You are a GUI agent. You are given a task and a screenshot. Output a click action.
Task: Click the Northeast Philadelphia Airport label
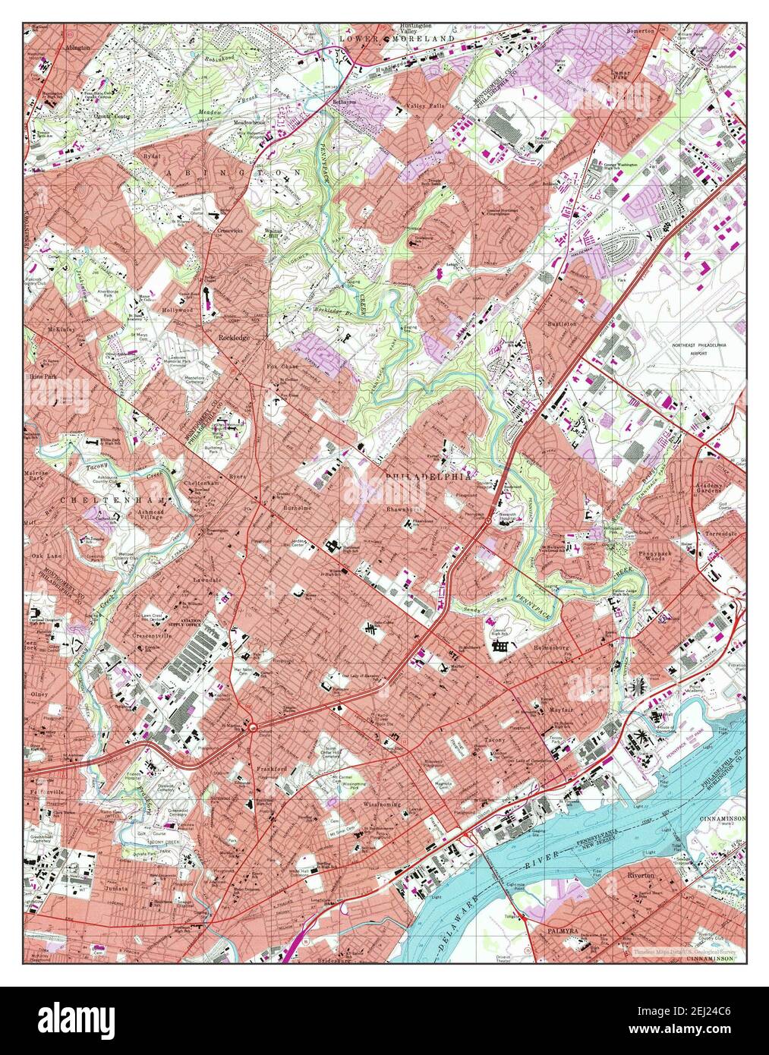pyautogui.click(x=699, y=348)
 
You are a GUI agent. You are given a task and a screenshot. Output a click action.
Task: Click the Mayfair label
pyautogui.click(x=560, y=710)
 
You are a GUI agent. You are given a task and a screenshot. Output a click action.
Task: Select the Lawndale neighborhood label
pyautogui.click(x=206, y=579)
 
